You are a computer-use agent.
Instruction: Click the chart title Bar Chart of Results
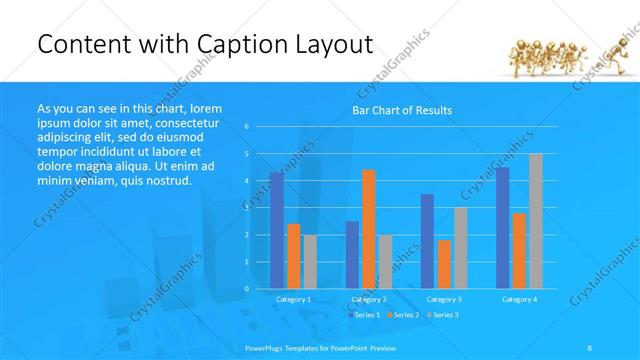click(x=401, y=110)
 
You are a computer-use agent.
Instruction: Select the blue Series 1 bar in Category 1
click(x=276, y=230)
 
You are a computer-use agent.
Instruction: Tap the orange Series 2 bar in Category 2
click(x=368, y=228)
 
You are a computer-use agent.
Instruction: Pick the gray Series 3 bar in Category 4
click(x=535, y=220)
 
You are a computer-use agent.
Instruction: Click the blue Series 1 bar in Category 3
click(x=427, y=241)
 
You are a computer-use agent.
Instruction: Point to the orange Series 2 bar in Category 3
click(x=443, y=264)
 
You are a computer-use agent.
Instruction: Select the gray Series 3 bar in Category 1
click(x=309, y=261)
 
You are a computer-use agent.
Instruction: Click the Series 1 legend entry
click(x=364, y=315)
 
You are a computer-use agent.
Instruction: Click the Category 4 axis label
click(x=518, y=299)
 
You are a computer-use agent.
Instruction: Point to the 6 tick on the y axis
click(x=247, y=127)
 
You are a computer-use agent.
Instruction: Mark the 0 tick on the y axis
click(x=247, y=288)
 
